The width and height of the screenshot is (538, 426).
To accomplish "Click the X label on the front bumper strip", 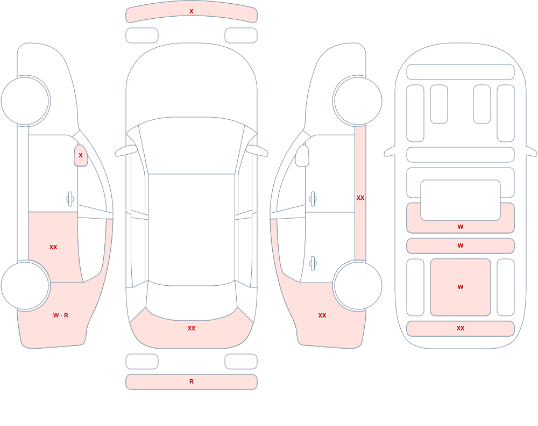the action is [x=192, y=11].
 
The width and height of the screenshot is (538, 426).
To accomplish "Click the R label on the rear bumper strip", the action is [x=192, y=381].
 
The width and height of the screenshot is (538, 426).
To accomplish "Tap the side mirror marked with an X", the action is [x=81, y=156].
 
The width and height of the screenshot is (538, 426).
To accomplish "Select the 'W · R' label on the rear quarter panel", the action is [x=61, y=315].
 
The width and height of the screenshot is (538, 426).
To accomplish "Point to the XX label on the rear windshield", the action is [x=192, y=328].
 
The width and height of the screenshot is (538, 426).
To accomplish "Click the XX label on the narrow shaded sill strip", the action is [x=360, y=198].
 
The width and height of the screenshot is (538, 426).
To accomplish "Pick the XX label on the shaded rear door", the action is [x=53, y=247].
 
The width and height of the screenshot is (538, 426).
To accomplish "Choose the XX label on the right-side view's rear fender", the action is [x=322, y=315].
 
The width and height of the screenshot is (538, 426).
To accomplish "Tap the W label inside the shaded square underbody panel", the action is [x=461, y=287].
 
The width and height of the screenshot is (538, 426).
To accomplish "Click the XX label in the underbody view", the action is [x=461, y=328].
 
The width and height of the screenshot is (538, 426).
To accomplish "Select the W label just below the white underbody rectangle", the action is [x=461, y=227].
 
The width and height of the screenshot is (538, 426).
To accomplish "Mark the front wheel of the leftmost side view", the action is [x=25, y=101].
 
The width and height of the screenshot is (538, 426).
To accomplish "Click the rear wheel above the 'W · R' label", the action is [x=25, y=285].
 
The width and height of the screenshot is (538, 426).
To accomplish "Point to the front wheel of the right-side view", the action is [x=358, y=101].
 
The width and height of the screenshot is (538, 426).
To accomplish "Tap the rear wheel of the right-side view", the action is [x=358, y=285].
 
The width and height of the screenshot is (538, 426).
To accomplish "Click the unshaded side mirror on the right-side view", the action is [x=302, y=156].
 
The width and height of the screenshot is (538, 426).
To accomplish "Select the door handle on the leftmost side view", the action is [x=70, y=199].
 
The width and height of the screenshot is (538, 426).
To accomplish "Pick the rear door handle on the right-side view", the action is [x=313, y=263].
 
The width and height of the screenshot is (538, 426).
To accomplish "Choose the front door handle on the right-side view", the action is [x=313, y=199].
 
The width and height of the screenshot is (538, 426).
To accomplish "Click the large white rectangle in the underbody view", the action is [x=461, y=200].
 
